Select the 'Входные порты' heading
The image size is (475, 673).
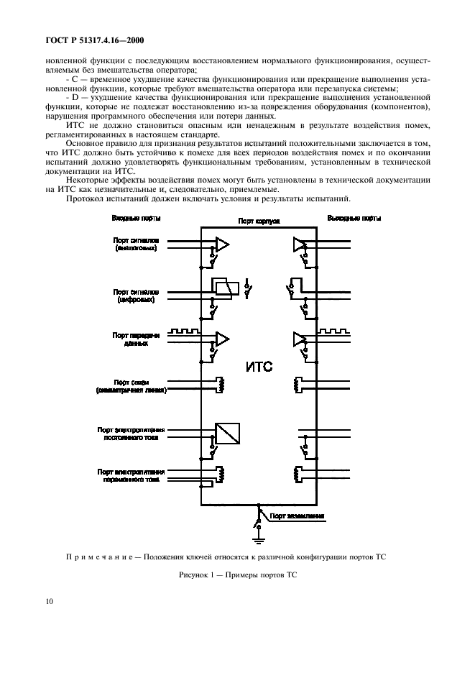(x=136, y=218)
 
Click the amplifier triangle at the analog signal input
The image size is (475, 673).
(x=223, y=245)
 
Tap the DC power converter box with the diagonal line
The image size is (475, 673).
(x=227, y=434)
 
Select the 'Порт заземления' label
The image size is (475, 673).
(x=297, y=516)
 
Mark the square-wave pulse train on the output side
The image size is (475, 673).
(x=335, y=331)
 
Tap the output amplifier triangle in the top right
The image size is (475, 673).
(x=298, y=245)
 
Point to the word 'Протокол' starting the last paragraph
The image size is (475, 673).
(x=85, y=198)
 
